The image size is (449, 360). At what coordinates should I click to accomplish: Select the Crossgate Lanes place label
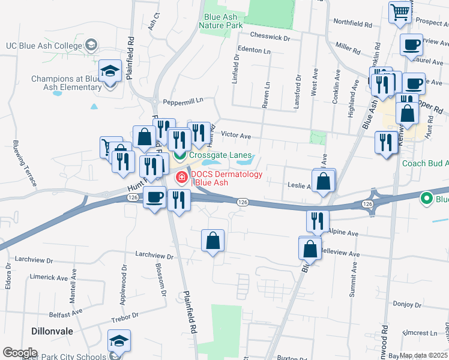click(220, 155)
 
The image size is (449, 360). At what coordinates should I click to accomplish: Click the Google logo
click(19, 353)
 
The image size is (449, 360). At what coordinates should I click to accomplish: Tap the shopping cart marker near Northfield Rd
click(399, 11)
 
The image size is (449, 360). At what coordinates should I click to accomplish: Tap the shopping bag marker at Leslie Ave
click(324, 181)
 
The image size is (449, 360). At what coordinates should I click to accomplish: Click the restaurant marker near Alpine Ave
click(317, 221)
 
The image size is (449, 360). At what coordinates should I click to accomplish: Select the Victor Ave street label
click(236, 136)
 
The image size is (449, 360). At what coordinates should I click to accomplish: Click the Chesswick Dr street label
click(271, 37)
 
